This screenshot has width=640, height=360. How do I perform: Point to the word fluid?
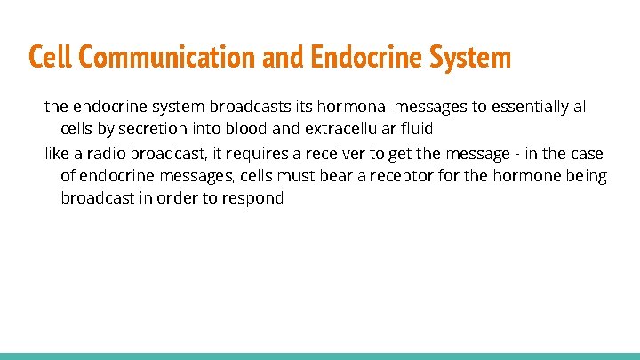point(413,129)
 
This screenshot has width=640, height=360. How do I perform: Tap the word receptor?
point(420,176)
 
